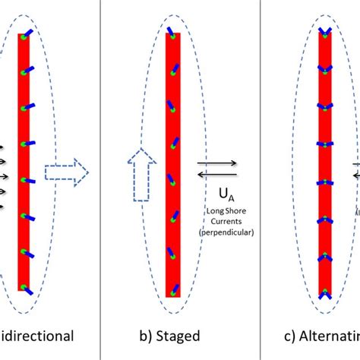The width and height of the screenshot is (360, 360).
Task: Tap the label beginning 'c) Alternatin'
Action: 318,336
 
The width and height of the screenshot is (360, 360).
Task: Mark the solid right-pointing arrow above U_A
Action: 216,162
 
